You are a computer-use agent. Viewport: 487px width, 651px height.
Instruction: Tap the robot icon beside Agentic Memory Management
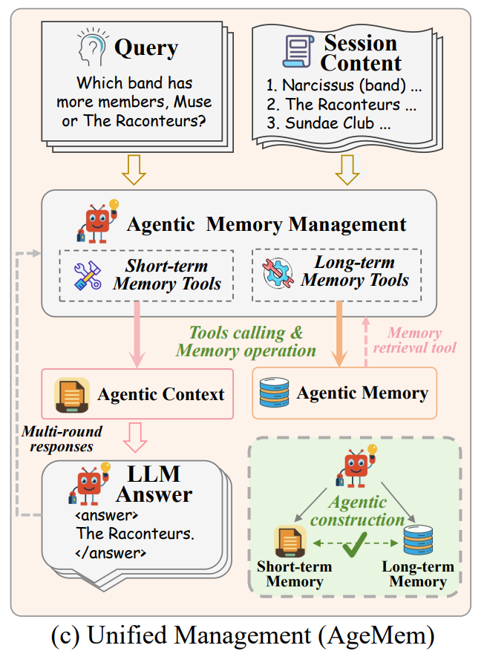97,220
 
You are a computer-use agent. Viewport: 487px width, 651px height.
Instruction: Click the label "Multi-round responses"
62,439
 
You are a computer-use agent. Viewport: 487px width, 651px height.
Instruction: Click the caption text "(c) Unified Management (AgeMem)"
243,635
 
